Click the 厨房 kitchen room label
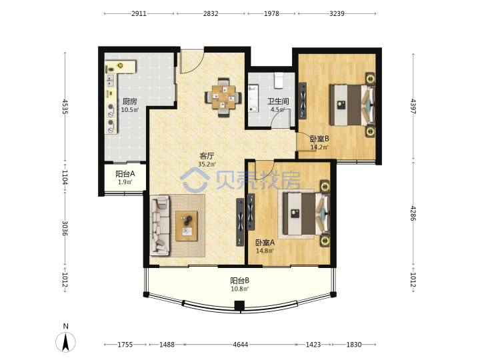click(x=129, y=101)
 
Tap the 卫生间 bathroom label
click(x=278, y=101)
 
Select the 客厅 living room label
click(x=207, y=156)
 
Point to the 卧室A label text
click(x=265, y=243)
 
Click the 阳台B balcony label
click(x=240, y=281)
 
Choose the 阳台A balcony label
click(x=125, y=174)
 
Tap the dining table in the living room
click(x=223, y=97)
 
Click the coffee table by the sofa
click(x=187, y=226)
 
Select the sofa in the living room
click(x=160, y=225)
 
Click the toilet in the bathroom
click(x=279, y=81)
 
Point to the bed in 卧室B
click(x=352, y=105)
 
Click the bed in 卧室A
click(x=306, y=213)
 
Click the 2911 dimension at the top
click(x=139, y=13)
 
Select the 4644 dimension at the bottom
click(x=240, y=345)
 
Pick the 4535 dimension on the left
click(x=65, y=106)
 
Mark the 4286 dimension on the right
click(x=413, y=213)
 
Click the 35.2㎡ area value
click(x=207, y=164)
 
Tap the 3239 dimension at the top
click(x=337, y=13)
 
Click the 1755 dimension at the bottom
click(x=125, y=345)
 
